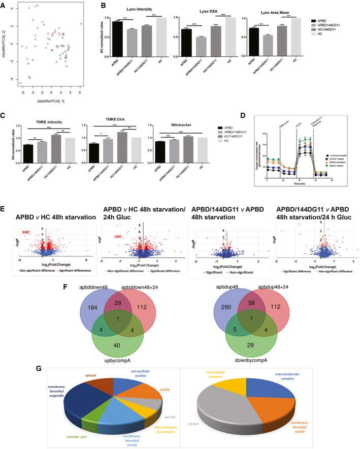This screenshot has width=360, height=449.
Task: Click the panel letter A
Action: click(4, 5)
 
